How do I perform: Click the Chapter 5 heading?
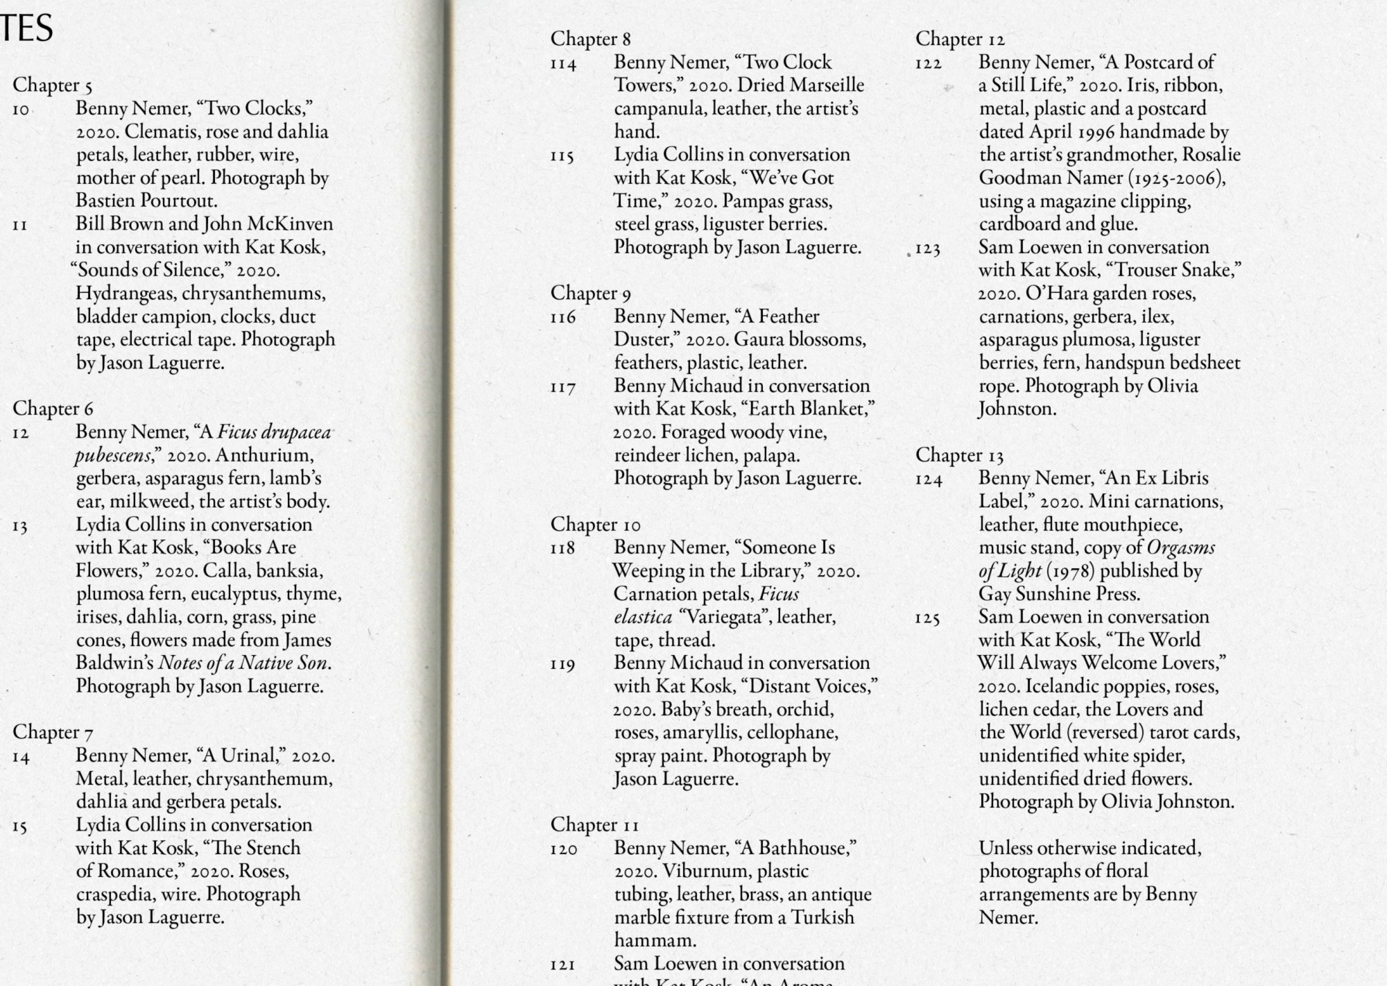(52, 85)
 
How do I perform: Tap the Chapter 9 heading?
(590, 294)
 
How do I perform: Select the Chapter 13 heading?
(959, 455)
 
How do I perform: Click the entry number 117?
(563, 387)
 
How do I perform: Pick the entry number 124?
(929, 479)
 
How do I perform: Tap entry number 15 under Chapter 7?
(19, 826)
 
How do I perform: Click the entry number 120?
(563, 849)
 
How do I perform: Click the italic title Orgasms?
(1180, 548)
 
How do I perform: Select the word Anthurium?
(264, 456)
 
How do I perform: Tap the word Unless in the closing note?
(1006, 849)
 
